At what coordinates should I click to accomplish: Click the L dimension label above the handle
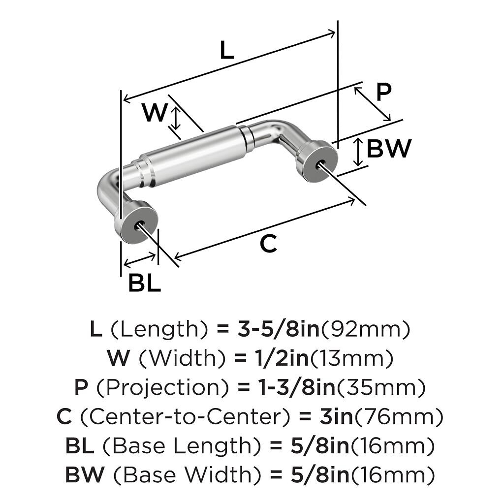[226, 50]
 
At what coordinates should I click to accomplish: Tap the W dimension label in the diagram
[155, 113]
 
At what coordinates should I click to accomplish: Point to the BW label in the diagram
[389, 149]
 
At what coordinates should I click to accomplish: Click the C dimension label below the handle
[268, 244]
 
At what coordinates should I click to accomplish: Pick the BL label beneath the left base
[145, 283]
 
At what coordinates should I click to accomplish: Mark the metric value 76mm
[399, 417]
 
